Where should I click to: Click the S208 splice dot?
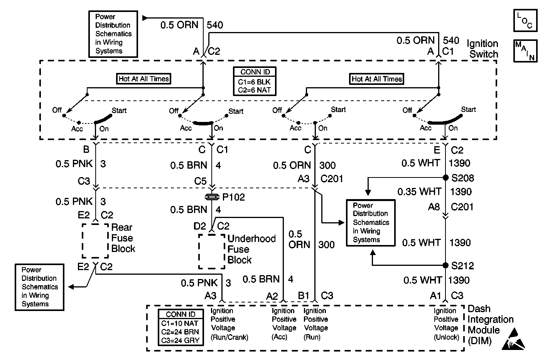click(x=445, y=177)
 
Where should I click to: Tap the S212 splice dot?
click(x=445, y=265)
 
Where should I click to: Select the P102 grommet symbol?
click(x=212, y=197)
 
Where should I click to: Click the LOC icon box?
click(x=525, y=20)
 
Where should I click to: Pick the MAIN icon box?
click(x=525, y=51)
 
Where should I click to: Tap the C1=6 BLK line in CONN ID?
click(x=254, y=82)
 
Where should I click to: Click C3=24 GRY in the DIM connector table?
click(x=180, y=340)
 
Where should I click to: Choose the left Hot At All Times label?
click(x=143, y=79)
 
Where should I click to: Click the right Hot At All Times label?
click(x=377, y=79)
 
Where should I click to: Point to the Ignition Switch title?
click(x=483, y=49)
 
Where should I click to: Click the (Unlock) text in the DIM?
click(x=446, y=337)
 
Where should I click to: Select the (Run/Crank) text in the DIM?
click(x=229, y=337)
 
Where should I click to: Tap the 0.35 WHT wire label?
click(x=419, y=191)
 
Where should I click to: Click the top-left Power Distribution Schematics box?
click(x=113, y=34)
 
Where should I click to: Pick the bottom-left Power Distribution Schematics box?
click(x=39, y=287)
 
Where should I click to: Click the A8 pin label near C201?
click(x=434, y=207)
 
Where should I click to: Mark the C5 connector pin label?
click(x=200, y=181)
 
